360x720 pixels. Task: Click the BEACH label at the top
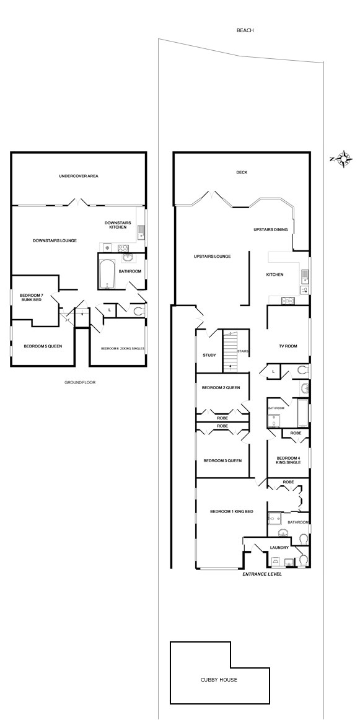coord(245,30)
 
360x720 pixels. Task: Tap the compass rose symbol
coord(342,159)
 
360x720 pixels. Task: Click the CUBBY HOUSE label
coord(219,680)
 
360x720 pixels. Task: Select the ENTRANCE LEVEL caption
coord(262,574)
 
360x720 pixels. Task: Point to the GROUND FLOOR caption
coord(80,382)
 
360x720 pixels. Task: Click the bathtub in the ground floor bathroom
coord(107,274)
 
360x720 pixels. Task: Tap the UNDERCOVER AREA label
coord(79,176)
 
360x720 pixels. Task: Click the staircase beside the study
coord(230,351)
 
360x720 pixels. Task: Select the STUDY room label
coord(209,355)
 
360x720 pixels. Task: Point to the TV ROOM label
coord(288,346)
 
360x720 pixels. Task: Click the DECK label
coord(242,172)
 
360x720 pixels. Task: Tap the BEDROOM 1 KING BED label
coord(232,512)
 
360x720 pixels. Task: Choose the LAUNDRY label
coord(279,547)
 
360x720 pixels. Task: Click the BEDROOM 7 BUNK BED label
coord(31,297)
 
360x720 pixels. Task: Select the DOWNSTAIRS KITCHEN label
coord(118,225)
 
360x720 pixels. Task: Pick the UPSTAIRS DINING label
coord(271,230)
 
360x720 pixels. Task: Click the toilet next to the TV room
coord(302,370)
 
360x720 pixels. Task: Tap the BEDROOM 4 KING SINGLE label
coord(288,460)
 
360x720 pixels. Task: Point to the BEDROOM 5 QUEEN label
coord(43,346)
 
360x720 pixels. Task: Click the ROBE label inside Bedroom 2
coord(222,418)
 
